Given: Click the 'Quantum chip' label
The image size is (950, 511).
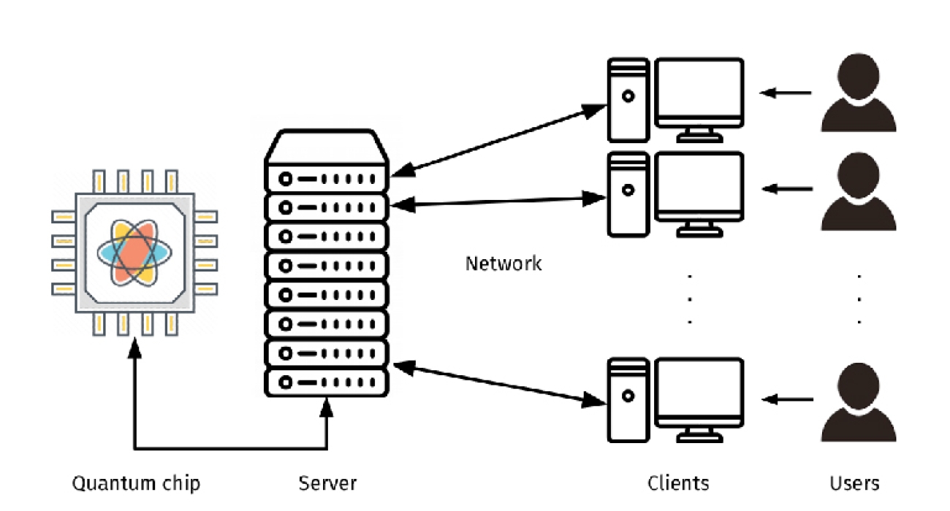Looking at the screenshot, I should [135, 483].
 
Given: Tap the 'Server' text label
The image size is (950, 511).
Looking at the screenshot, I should [327, 483].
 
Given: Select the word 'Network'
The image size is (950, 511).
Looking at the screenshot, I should [503, 264].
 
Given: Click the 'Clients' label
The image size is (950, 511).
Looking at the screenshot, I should [677, 483].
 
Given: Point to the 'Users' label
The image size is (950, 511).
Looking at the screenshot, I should [854, 483].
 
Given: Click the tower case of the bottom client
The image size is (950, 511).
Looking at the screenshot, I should [628, 400].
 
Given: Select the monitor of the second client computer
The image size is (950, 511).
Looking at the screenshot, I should [699, 186].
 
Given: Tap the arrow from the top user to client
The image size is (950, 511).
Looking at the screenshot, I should [786, 93].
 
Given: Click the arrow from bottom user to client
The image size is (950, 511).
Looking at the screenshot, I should [788, 399].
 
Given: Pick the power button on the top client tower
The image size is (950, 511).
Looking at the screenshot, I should [628, 96].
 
